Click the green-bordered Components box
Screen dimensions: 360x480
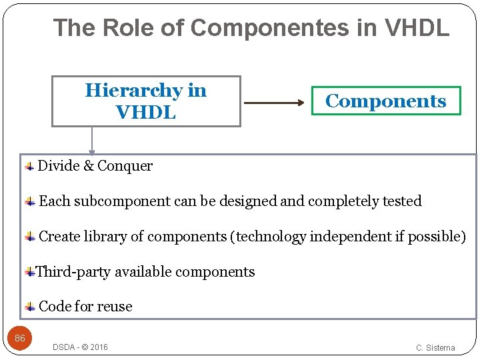pos(386,101)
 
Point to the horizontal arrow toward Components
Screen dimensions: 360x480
pos(273,103)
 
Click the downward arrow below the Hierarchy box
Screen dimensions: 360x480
pos(92,141)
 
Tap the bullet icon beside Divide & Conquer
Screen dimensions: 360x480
pos(29,166)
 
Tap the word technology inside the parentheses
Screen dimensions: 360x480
pos(268,237)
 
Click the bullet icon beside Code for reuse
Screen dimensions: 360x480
pos(30,307)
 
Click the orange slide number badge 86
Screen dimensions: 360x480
pos(20,339)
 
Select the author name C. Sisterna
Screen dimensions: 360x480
pos(435,348)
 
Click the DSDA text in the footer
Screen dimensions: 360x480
pos(64,347)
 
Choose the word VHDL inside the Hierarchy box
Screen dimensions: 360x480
pos(145,113)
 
